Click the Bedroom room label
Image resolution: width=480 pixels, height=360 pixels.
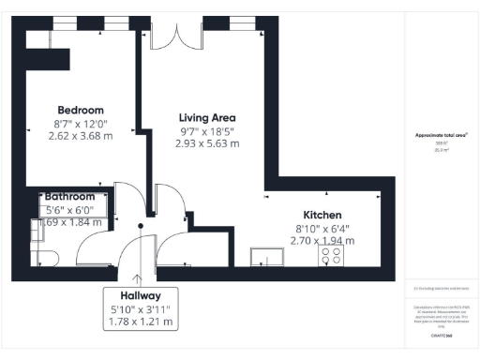pos(80,110)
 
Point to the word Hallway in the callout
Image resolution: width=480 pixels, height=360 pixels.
pos(141,293)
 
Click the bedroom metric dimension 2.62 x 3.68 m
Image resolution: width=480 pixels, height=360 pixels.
pos(80,136)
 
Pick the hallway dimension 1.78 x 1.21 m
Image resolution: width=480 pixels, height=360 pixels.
pos(141,322)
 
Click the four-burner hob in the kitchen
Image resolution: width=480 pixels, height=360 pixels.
pos(332,254)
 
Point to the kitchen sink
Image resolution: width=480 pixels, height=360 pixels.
pos(269,255)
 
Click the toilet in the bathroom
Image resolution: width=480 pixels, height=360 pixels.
pos(46,254)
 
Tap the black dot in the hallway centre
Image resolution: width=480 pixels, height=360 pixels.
pos(141,226)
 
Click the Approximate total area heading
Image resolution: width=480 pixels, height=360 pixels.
pos(442,136)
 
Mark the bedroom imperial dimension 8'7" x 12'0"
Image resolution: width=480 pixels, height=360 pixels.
pos(80,123)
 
